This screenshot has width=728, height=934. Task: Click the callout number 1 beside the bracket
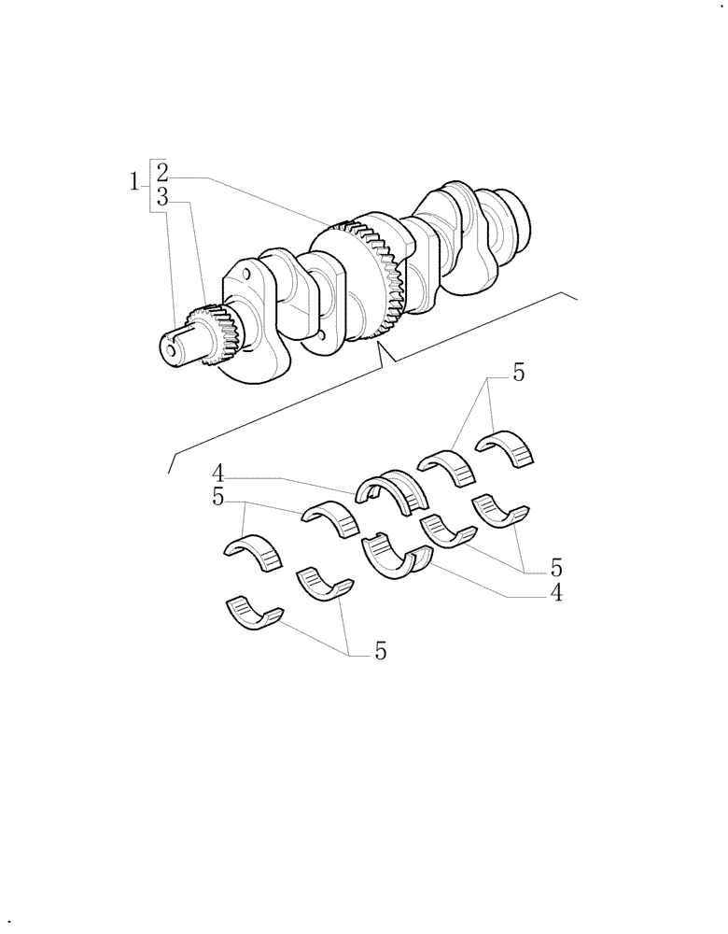pyautogui.click(x=134, y=181)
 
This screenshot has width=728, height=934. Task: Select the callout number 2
pyautogui.click(x=162, y=173)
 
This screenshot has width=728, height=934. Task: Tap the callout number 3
pyautogui.click(x=162, y=197)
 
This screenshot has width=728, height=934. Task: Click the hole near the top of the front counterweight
pyautogui.click(x=246, y=274)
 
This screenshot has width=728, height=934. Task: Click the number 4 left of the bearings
pyautogui.click(x=217, y=473)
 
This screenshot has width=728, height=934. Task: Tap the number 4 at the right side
pyautogui.click(x=556, y=592)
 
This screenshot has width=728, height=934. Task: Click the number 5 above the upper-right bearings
pyautogui.click(x=518, y=373)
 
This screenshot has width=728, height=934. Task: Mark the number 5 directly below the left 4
pyautogui.click(x=217, y=498)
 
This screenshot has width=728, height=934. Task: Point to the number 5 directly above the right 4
pyautogui.click(x=556, y=567)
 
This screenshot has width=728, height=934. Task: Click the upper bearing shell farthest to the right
pyautogui.click(x=510, y=446)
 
